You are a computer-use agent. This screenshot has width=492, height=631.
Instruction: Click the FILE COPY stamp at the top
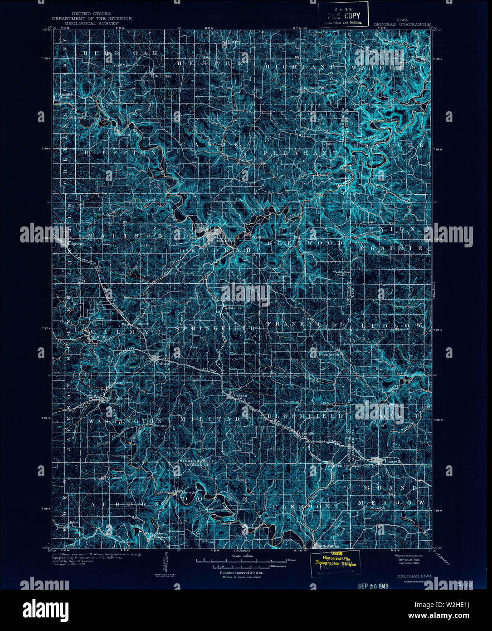click(x=343, y=15)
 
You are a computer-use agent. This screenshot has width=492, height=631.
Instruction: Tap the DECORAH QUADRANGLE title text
click(x=402, y=24)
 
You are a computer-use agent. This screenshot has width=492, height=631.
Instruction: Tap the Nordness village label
click(x=233, y=308)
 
